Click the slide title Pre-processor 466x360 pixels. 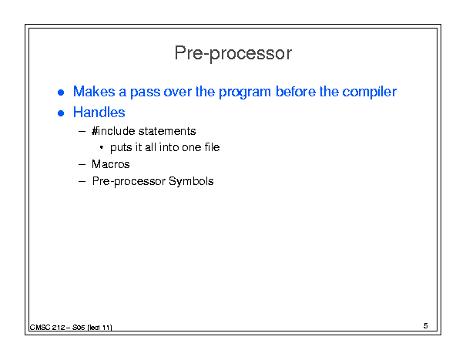pyautogui.click(x=233, y=53)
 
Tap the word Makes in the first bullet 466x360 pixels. pyautogui.click(x=94, y=91)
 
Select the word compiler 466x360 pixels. pyautogui.click(x=370, y=92)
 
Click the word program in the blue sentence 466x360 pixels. pyautogui.click(x=245, y=93)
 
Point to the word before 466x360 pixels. pyautogui.click(x=296, y=91)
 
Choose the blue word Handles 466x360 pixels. pyautogui.click(x=99, y=113)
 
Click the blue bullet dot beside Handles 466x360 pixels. pyautogui.click(x=61, y=113)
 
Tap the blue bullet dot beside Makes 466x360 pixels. pyautogui.click(x=61, y=93)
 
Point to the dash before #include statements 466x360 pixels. pyautogui.click(x=82, y=131)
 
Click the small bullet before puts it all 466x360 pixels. pyautogui.click(x=102, y=147)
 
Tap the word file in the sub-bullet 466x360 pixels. pyautogui.click(x=212, y=147)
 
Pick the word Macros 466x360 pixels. pyautogui.click(x=111, y=164)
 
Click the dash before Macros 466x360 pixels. pyautogui.click(x=82, y=164)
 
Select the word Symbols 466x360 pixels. pyautogui.click(x=191, y=181)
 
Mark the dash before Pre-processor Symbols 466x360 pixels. pyautogui.click(x=82, y=181)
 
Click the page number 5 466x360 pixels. pyautogui.click(x=426, y=326)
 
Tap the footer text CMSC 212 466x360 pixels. pyautogui.click(x=48, y=328)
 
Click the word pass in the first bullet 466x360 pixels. pyautogui.click(x=146, y=93)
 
